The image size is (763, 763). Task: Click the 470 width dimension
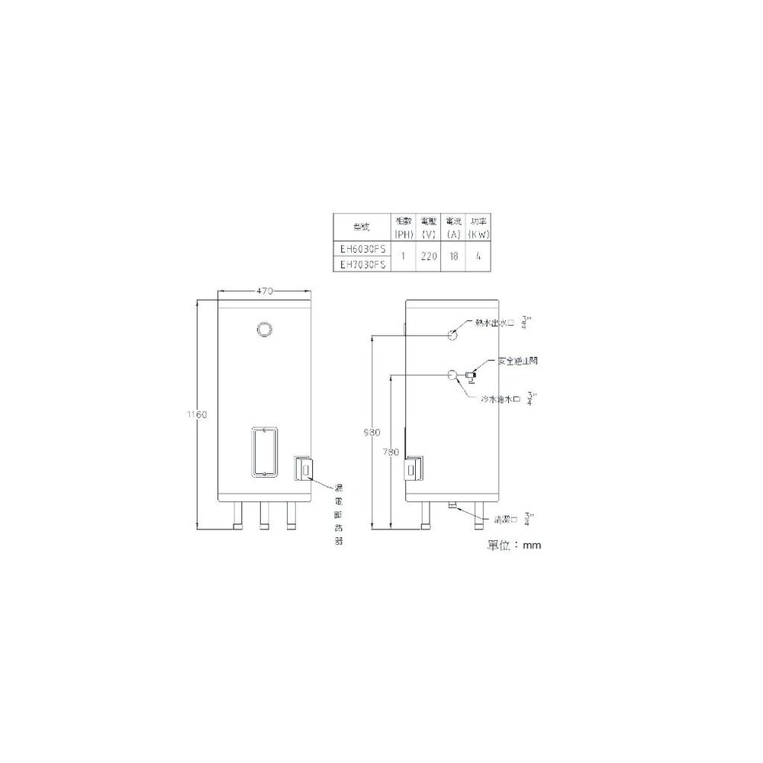point(265,291)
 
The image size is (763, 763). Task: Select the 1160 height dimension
point(198,414)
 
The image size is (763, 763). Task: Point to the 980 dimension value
point(371,432)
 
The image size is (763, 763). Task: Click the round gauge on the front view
point(264,330)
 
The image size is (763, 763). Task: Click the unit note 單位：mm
point(513,546)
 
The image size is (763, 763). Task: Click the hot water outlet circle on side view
point(452,333)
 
